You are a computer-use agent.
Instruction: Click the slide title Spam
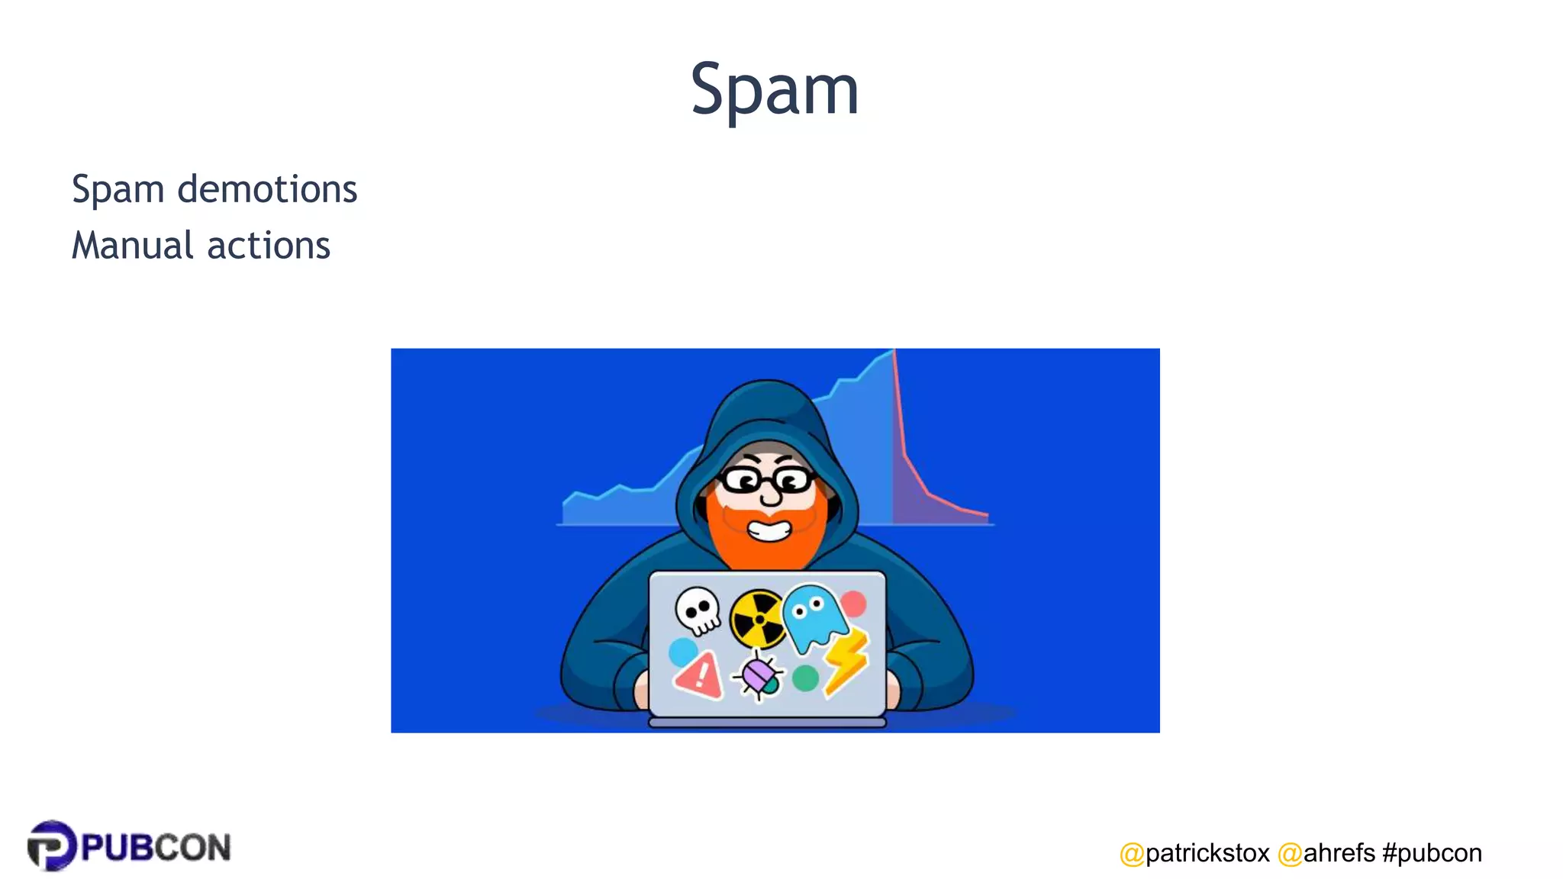pos(775,90)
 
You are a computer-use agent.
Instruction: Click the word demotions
pos(267,189)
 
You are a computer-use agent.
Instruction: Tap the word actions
pos(269,246)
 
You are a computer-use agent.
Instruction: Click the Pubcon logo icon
pos(51,845)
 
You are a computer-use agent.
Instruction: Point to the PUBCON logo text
pos(156,848)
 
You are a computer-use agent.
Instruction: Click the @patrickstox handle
pos(1194,852)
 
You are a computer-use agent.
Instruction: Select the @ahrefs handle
pos(1326,852)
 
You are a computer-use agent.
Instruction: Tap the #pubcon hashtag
pos(1432,852)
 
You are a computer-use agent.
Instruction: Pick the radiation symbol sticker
pos(757,618)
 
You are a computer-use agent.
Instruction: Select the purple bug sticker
pos(759,675)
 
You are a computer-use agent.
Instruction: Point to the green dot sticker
pos(805,678)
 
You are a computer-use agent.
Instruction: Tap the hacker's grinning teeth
pos(769,529)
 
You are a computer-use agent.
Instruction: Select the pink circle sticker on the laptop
pos(853,603)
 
